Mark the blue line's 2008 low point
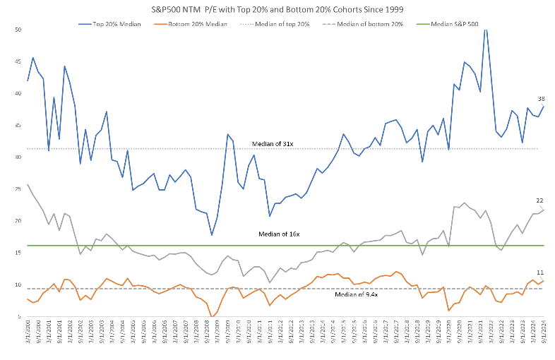(211, 235)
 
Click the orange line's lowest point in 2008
(211, 317)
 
